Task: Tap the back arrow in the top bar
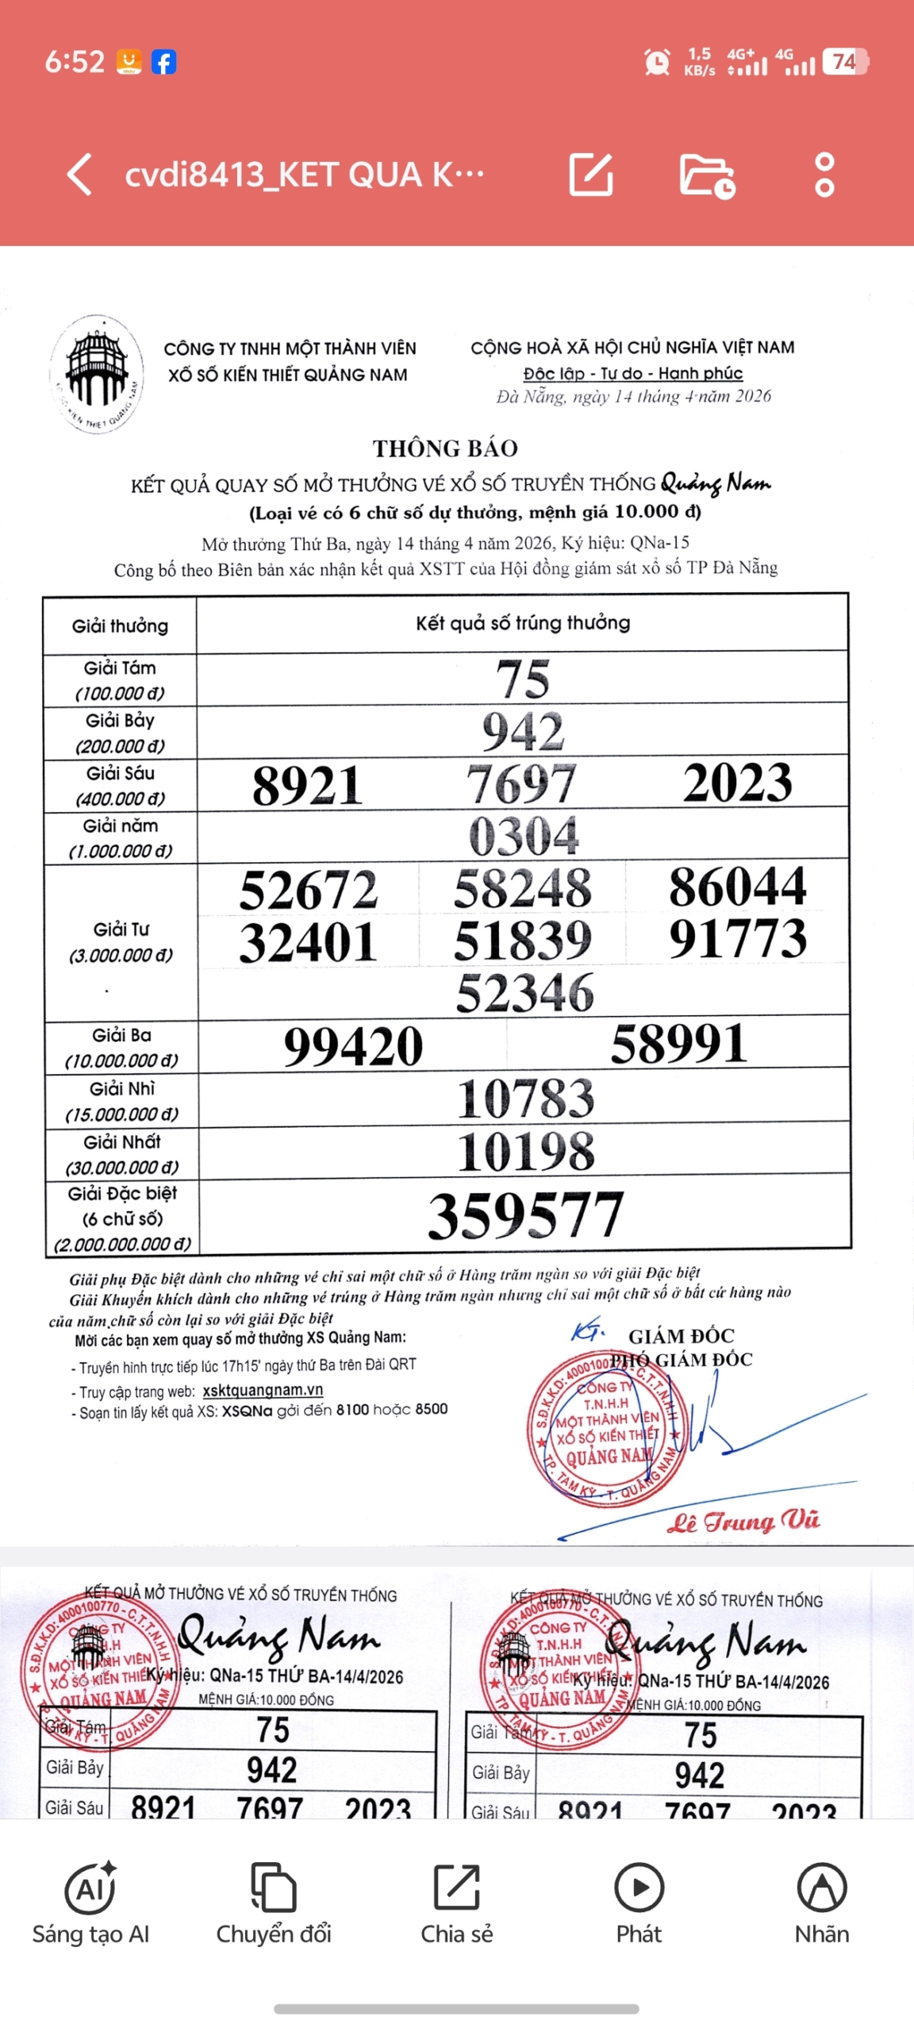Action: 80,175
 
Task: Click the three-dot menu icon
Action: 824,175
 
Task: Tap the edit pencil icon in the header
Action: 591,175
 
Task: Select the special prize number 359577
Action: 525,1214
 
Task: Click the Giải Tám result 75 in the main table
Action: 523,679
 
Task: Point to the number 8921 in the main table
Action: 308,785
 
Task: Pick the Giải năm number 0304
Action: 524,836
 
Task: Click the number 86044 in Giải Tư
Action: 737,887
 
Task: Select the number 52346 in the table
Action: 524,992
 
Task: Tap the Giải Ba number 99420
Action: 354,1046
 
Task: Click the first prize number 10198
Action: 525,1152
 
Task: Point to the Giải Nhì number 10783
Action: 525,1099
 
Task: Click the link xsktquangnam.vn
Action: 263,1390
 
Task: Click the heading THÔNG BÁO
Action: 445,448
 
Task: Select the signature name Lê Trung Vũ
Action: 743,1521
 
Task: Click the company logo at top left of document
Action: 97,373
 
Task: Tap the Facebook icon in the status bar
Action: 163,62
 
